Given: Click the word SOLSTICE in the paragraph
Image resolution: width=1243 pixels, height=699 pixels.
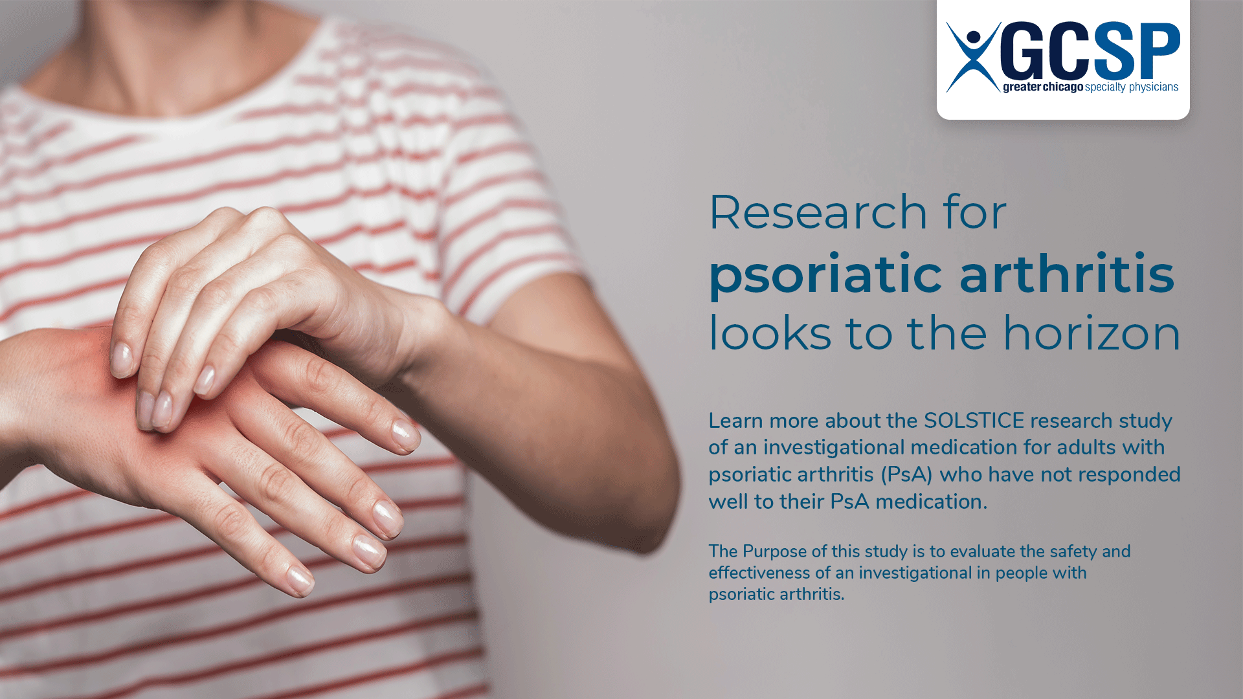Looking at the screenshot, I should pos(974,421).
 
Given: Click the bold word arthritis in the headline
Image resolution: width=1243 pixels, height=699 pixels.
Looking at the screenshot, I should pos(1066,274).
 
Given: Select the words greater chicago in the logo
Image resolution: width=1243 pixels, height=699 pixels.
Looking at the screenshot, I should pos(1042,87).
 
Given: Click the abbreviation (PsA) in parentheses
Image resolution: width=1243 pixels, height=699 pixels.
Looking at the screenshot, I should pos(906,474).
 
